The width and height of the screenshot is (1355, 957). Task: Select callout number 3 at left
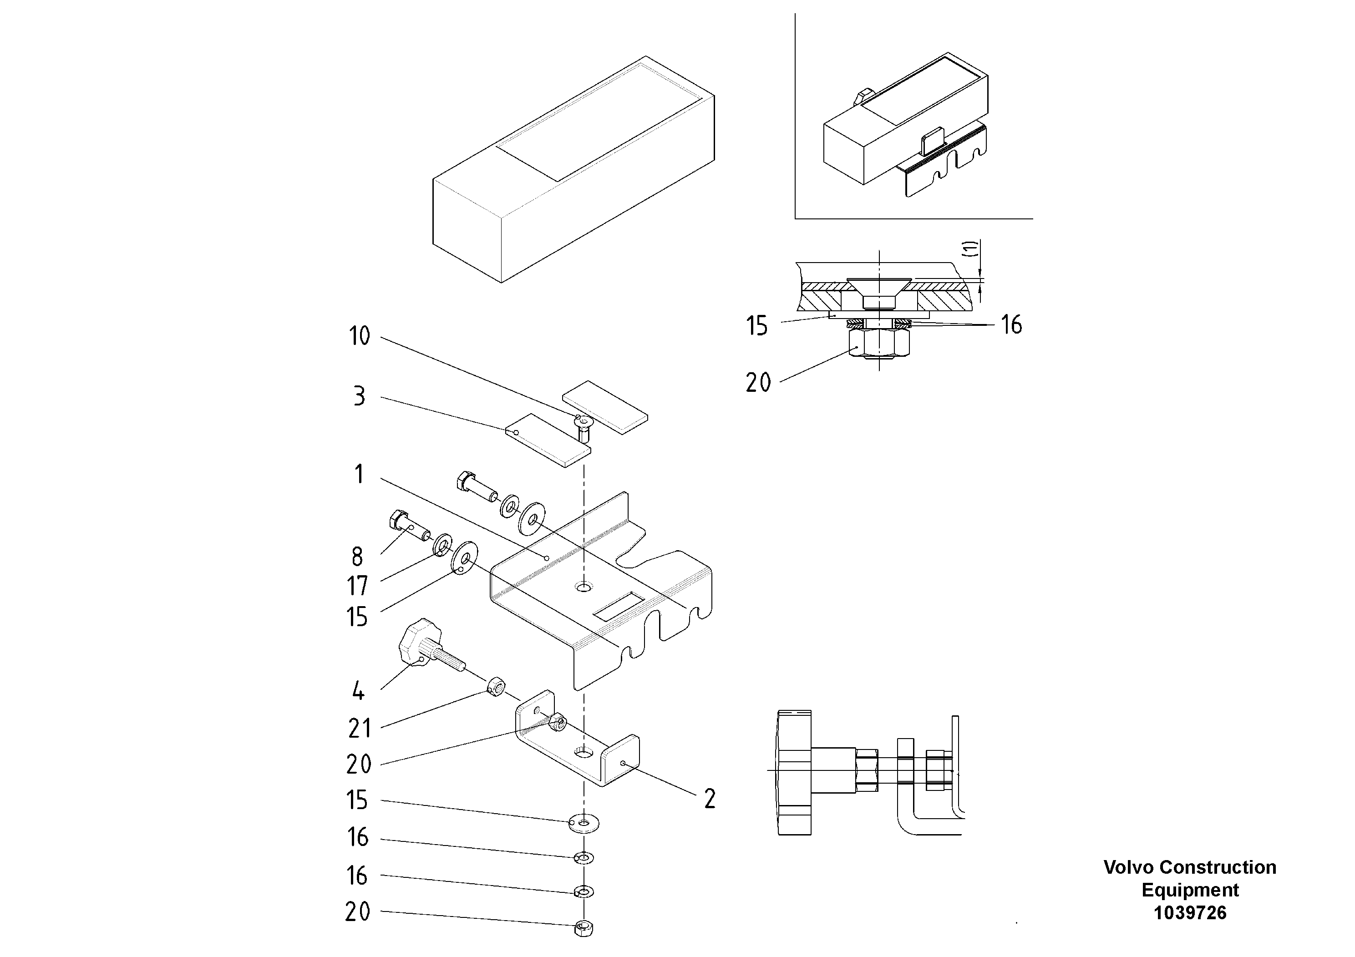(x=359, y=396)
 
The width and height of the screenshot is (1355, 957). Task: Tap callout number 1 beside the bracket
(x=359, y=474)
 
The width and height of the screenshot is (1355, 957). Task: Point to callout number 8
(x=357, y=557)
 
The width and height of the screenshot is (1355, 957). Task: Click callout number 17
(x=357, y=587)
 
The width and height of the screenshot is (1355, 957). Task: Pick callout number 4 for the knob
(x=358, y=691)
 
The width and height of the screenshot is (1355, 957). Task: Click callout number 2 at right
(x=710, y=799)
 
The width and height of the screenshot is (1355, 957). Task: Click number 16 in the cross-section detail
(x=1011, y=324)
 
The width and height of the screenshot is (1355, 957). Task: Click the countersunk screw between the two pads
(x=583, y=426)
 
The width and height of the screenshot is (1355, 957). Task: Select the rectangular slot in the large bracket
(x=618, y=607)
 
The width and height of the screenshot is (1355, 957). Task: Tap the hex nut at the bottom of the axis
(x=583, y=928)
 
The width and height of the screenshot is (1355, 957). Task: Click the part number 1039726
(x=1190, y=913)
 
